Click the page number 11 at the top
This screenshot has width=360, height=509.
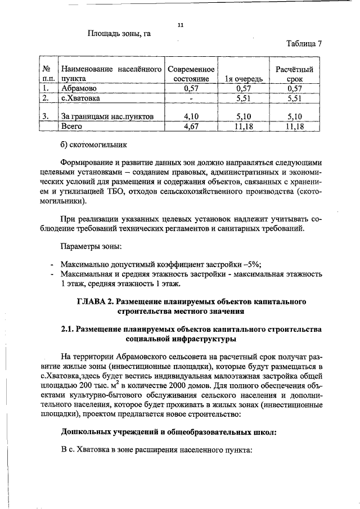(x=181, y=25)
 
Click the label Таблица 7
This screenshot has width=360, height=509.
(x=304, y=44)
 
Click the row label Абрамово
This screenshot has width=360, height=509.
(x=79, y=89)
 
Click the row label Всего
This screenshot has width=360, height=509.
(x=71, y=127)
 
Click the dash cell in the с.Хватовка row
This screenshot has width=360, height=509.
(x=191, y=98)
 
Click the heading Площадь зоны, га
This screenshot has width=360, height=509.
(x=119, y=33)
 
